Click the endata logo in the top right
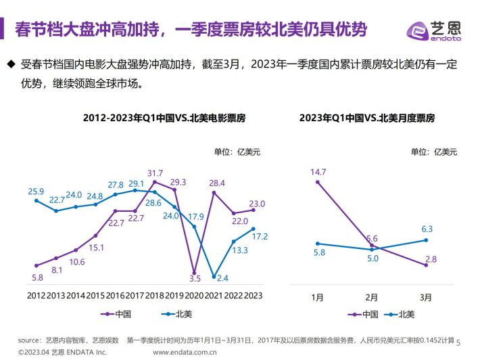433,31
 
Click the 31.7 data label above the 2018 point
155,173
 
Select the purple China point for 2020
194,273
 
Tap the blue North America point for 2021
214,277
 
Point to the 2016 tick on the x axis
115,295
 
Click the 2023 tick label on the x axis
253,295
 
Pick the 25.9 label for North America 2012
36,192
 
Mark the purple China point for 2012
37,266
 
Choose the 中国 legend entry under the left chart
116,314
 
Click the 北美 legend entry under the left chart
176,314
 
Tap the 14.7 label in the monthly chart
318,172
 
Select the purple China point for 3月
426,265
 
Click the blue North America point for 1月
318,244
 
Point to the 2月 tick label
372,297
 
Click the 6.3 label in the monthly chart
427,229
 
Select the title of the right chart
367,118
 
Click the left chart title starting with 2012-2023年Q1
164,118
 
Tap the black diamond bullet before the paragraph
11,64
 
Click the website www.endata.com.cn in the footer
185,353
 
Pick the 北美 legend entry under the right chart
399,315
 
